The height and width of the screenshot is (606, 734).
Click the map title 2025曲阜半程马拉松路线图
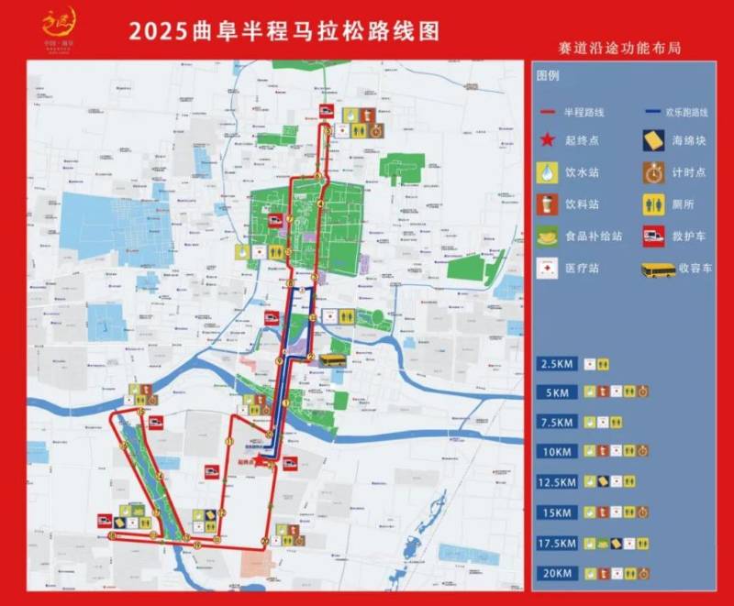pyautogui.click(x=284, y=30)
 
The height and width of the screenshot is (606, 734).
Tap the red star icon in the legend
pyautogui.click(x=548, y=140)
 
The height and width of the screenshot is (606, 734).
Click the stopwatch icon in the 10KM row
pyautogui.click(x=644, y=451)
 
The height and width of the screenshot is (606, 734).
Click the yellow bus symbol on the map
pyautogui.click(x=332, y=359)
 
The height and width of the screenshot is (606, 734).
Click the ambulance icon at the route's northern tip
pyautogui.click(x=326, y=113)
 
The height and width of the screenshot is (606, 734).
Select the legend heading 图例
pyautogui.click(x=548, y=74)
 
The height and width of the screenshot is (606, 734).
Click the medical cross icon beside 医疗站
pyautogui.click(x=548, y=268)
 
